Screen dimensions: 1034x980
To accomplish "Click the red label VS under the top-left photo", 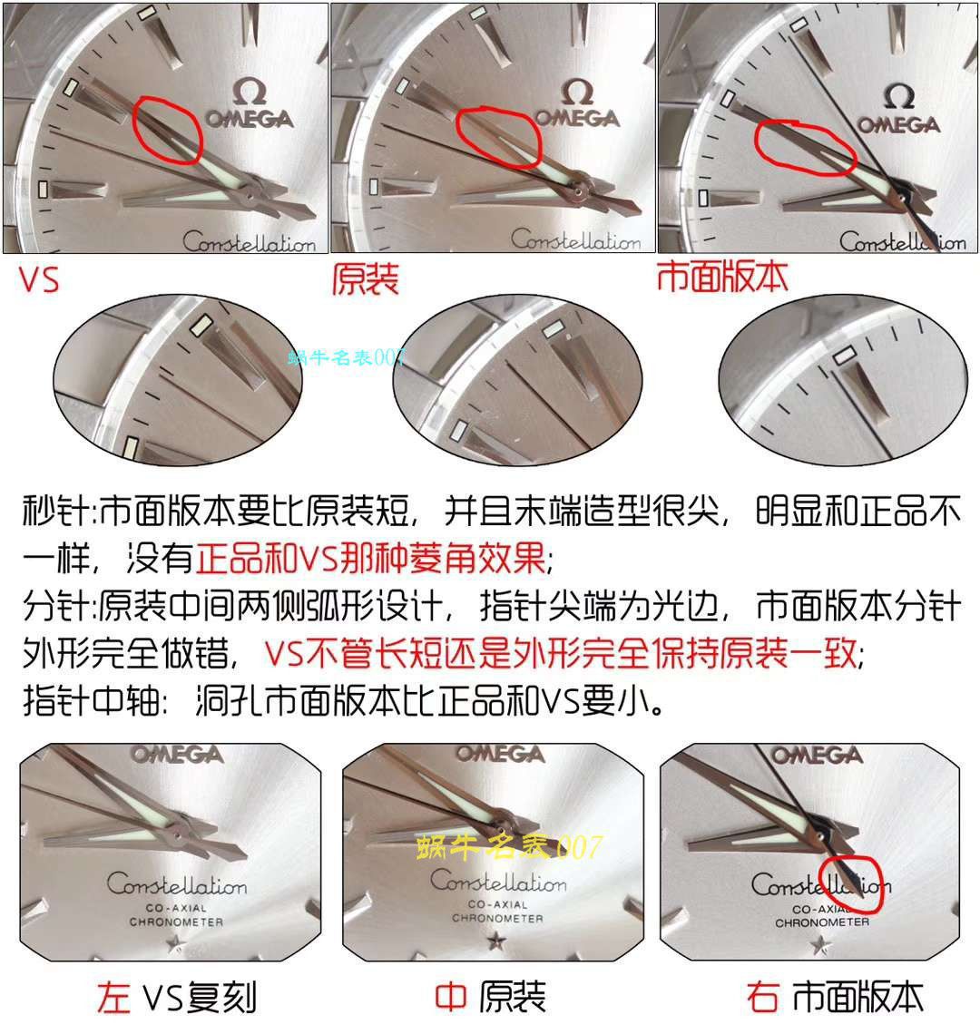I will pos(39,279).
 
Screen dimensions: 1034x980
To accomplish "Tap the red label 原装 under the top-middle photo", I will pos(365,279).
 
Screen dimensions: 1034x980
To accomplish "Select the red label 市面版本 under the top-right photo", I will pos(722,278).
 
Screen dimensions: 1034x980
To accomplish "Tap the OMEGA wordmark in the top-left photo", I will pos(247,119).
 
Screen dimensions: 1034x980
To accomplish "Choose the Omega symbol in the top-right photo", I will pos(898,95).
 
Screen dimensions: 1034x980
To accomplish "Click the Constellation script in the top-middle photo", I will pos(575,241).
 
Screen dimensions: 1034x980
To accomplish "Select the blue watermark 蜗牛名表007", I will pos(346,357).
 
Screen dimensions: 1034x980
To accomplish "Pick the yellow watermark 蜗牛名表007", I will pos(508,848).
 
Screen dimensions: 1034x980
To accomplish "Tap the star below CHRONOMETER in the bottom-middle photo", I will pos(497,942).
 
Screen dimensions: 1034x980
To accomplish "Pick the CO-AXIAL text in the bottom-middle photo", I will pos(497,904).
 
